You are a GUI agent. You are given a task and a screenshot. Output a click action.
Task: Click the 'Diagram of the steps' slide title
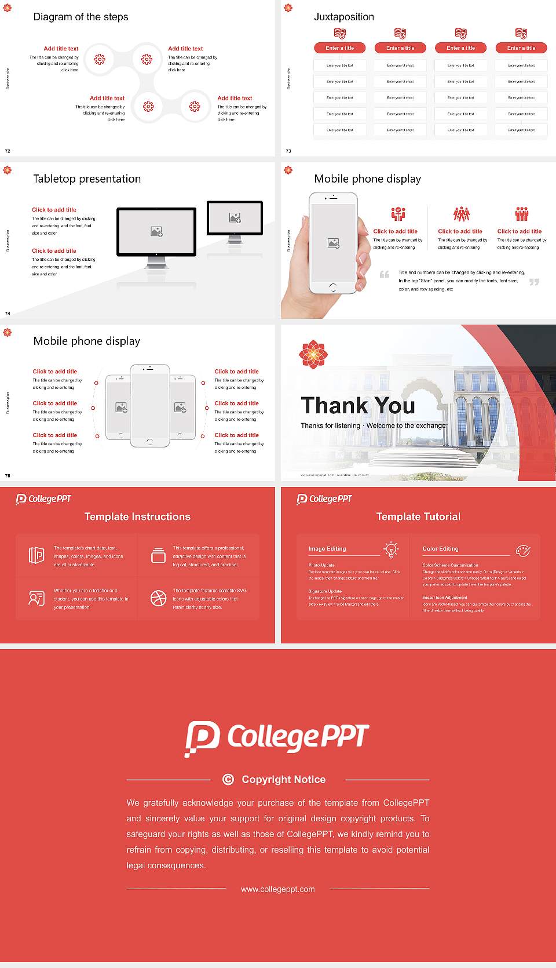tap(81, 17)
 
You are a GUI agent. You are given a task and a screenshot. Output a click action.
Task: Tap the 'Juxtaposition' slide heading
tap(343, 17)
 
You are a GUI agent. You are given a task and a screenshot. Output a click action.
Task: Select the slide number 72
tap(8, 151)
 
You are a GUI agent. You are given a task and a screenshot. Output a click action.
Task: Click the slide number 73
tap(288, 151)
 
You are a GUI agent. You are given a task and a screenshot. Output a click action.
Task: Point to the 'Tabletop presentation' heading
tap(87, 179)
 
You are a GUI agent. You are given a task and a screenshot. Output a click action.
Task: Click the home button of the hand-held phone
tap(332, 287)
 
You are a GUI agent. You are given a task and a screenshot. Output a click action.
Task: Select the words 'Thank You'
tap(357, 406)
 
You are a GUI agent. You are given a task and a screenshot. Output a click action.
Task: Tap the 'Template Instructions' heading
tap(137, 516)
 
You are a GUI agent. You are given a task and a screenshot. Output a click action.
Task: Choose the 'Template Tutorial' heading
tap(418, 516)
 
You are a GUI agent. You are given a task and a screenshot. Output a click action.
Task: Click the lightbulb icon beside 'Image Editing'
tap(392, 549)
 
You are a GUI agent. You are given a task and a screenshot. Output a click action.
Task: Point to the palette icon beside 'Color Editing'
tap(522, 550)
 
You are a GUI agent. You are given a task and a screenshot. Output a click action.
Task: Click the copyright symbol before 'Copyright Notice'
tap(228, 779)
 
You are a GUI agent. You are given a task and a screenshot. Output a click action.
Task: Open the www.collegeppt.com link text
tap(278, 889)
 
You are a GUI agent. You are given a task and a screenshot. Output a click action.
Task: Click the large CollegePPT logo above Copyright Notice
tap(277, 738)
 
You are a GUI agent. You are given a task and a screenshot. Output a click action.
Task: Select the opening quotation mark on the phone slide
tap(385, 274)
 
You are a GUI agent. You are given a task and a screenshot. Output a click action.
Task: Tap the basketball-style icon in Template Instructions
tap(158, 598)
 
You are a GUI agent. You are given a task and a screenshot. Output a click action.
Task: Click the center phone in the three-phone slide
tap(150, 405)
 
